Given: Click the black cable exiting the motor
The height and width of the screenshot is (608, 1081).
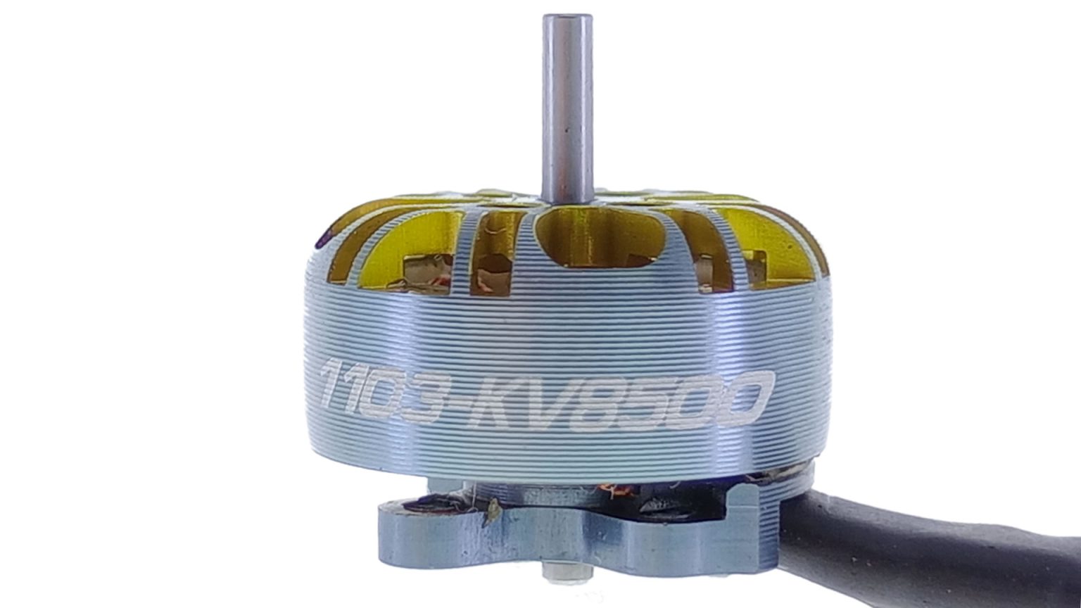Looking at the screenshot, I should point(915,549).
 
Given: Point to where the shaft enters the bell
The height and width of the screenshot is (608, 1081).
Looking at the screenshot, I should point(567,197).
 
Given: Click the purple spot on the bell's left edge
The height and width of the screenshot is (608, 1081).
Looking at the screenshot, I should point(323,239).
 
